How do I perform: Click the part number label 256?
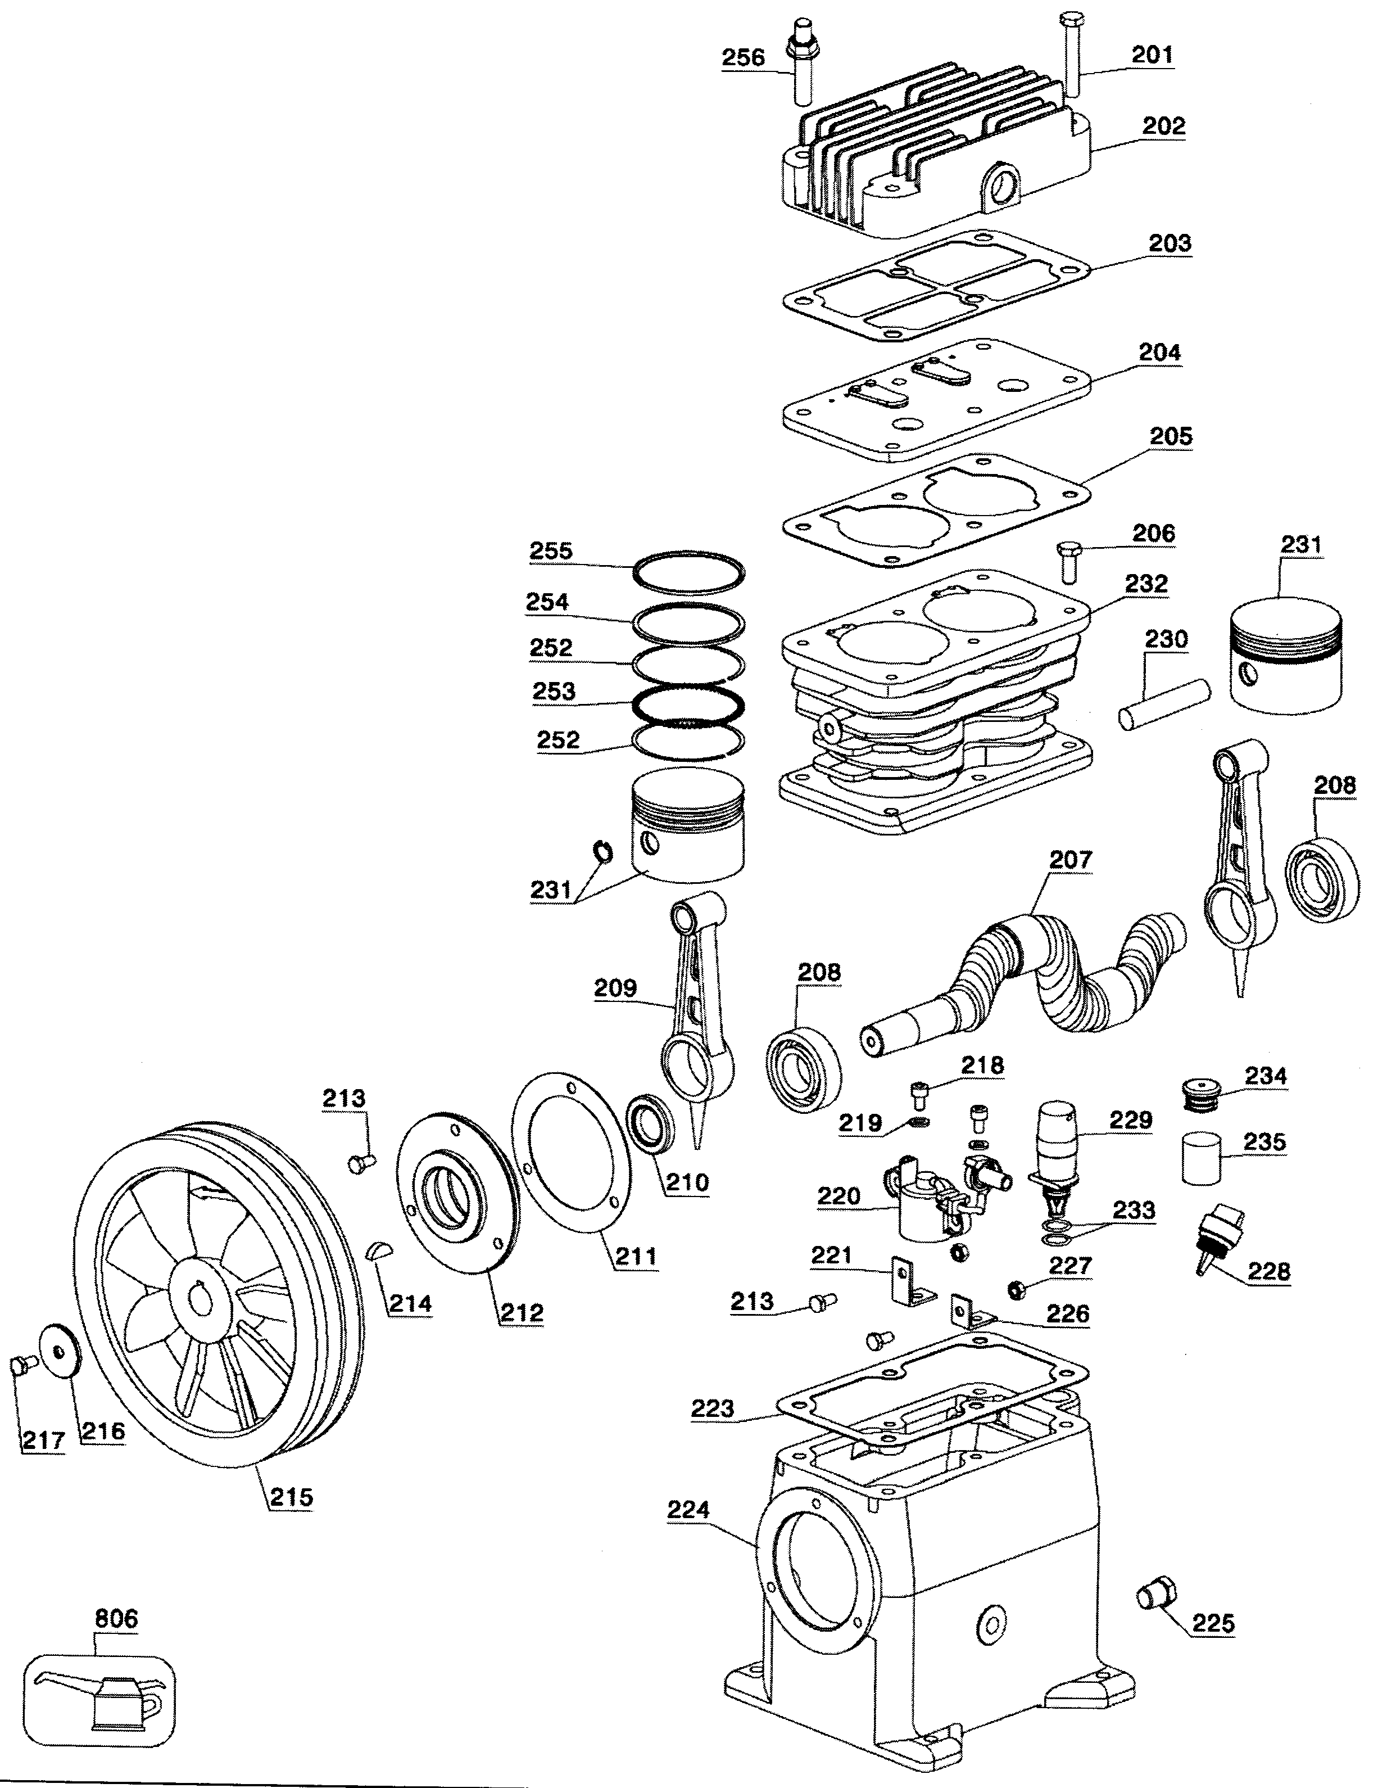point(742,57)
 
